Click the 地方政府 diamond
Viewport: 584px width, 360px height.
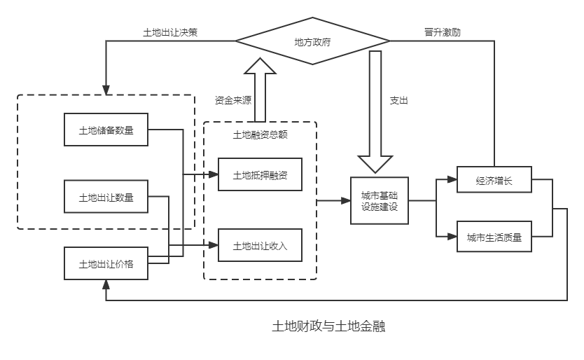pos(312,42)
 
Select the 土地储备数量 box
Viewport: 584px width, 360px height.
pos(106,130)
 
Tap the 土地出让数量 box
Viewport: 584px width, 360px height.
pos(106,197)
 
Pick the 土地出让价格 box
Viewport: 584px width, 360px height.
pos(106,263)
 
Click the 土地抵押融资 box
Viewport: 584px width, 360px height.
pos(260,175)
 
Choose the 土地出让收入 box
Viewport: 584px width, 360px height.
pos(260,246)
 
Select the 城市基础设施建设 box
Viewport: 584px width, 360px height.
pos(379,201)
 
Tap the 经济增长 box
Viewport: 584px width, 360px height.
pos(494,181)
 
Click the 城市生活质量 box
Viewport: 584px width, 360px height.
pos(494,237)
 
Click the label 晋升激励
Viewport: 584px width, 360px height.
pos(443,32)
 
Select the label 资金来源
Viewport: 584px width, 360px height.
pos(232,100)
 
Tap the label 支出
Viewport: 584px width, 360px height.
pos(398,100)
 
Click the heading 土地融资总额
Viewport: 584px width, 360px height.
pos(260,134)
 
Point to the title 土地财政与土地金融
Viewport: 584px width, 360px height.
pos(328,326)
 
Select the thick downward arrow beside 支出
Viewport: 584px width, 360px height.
pos(375,112)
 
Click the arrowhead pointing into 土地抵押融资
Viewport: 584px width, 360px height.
pos(214,174)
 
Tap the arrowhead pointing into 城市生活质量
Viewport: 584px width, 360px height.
pos(453,237)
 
